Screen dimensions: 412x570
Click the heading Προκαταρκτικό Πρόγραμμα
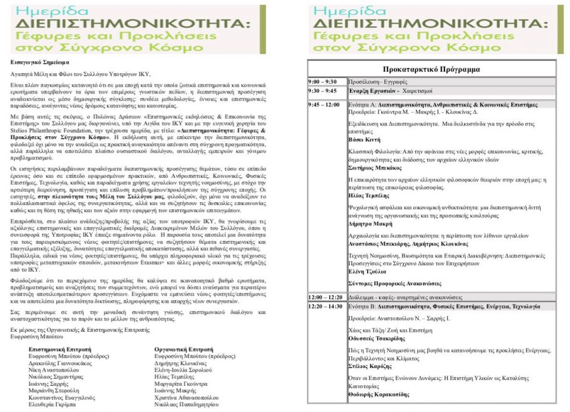[431, 69]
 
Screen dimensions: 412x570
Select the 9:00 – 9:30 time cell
[322, 81]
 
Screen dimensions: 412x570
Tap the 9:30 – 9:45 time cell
[322, 91]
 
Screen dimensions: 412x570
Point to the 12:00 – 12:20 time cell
[325, 297]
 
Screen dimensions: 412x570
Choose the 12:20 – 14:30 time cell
[325, 306]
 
